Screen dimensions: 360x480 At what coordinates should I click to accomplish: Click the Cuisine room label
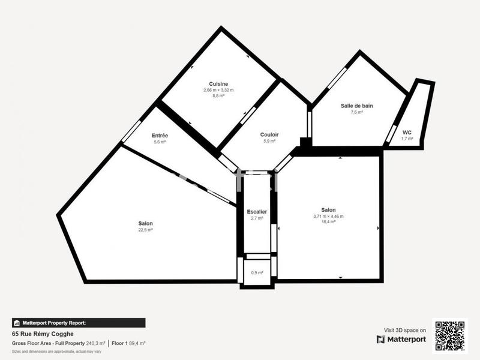(x=218, y=83)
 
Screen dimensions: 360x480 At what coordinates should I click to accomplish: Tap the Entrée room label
(x=160, y=136)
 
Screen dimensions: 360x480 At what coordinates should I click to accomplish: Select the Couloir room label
(x=269, y=134)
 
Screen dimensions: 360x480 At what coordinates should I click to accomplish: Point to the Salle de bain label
(x=357, y=106)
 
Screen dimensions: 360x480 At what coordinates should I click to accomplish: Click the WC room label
(x=407, y=132)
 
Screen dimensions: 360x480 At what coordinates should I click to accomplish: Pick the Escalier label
(x=257, y=212)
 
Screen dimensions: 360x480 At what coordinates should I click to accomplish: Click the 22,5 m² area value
(x=145, y=229)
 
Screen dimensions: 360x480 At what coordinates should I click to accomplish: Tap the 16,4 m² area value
(x=328, y=221)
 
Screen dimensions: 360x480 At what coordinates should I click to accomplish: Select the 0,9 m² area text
(x=257, y=273)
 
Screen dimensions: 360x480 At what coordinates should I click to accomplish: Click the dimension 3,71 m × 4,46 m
(x=328, y=216)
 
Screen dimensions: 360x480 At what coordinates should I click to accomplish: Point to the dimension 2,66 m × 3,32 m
(x=218, y=90)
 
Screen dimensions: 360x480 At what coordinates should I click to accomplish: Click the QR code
(x=449, y=336)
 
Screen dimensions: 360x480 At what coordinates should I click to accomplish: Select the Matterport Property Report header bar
(x=78, y=323)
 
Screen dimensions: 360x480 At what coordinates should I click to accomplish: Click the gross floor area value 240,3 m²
(x=94, y=343)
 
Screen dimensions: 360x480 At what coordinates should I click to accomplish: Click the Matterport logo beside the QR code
(x=401, y=339)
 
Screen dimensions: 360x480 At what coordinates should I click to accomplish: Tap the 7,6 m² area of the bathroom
(x=357, y=112)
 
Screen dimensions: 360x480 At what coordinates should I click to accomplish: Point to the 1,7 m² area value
(x=407, y=139)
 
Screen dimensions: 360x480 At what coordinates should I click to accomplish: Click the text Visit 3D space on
(x=405, y=330)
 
